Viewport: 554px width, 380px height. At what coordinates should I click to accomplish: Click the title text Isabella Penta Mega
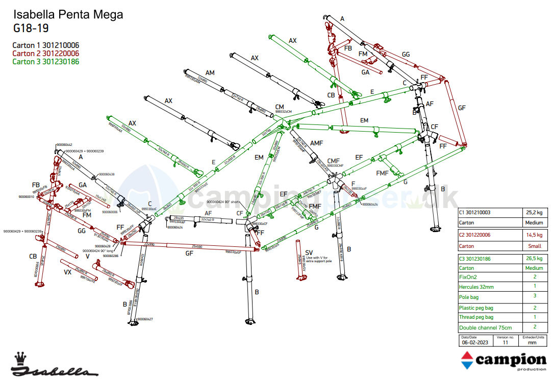pyautogui.click(x=68, y=14)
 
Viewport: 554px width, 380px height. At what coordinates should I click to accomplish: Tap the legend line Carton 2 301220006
pyautogui.click(x=45, y=53)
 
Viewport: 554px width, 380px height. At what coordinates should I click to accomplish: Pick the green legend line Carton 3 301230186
pyautogui.click(x=45, y=61)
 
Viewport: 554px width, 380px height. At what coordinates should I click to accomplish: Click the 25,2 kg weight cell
pyautogui.click(x=535, y=212)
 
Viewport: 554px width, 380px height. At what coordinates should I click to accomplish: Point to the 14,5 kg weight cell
pyautogui.click(x=535, y=235)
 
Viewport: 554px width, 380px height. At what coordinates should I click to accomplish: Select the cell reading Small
pyautogui.click(x=534, y=246)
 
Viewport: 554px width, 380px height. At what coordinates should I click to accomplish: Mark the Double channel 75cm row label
pyautogui.click(x=485, y=327)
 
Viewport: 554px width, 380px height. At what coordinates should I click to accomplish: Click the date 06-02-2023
pyautogui.click(x=474, y=343)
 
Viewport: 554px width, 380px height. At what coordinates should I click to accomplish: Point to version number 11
pyautogui.click(x=505, y=343)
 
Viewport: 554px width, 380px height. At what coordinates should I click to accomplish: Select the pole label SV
pyautogui.click(x=309, y=252)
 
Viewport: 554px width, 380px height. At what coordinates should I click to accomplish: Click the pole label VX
pyautogui.click(x=67, y=272)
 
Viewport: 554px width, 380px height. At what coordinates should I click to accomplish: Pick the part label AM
pyautogui.click(x=210, y=73)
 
